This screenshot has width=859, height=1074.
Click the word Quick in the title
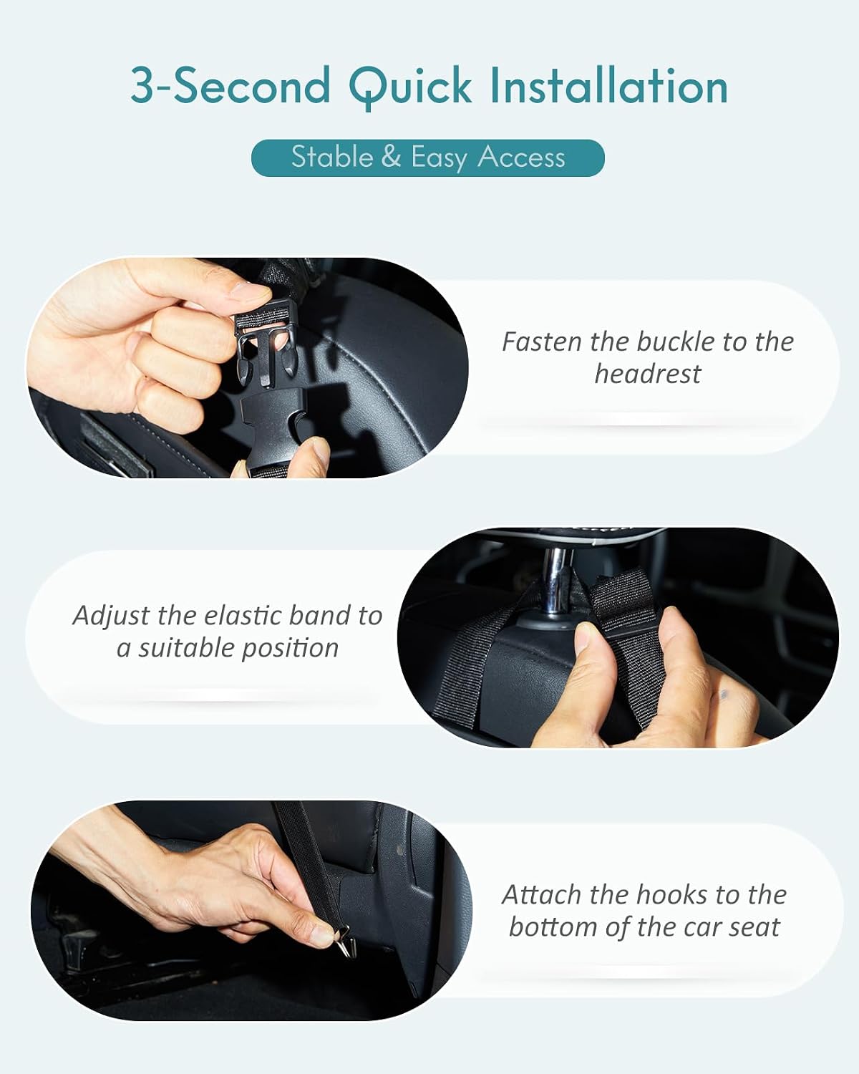click(411, 87)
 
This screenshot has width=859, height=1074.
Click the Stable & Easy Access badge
click(428, 158)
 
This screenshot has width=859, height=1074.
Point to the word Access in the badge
click(521, 158)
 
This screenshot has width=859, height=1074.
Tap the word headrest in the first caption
click(648, 374)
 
